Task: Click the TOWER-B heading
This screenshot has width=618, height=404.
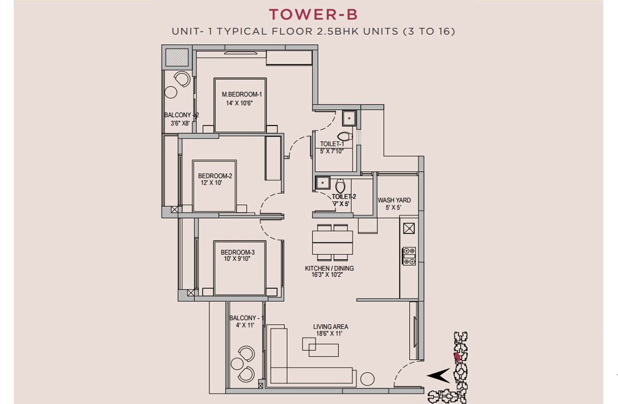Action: [x=313, y=15]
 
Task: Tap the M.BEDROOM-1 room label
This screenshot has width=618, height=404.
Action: [x=241, y=94]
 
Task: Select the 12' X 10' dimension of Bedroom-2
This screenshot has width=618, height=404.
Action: [x=211, y=183]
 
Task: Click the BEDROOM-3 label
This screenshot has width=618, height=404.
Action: [x=238, y=252]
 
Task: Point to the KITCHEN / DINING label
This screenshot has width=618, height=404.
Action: [x=329, y=268]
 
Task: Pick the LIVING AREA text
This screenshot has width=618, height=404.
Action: [x=330, y=327]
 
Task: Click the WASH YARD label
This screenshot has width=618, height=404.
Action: [x=394, y=200]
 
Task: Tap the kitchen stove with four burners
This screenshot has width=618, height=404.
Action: [x=409, y=256]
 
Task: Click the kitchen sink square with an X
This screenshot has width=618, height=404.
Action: [x=409, y=228]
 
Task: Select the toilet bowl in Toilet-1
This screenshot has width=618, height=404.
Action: [x=345, y=136]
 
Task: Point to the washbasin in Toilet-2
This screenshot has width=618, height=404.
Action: [x=322, y=183]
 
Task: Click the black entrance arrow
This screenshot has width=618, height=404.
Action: [x=438, y=375]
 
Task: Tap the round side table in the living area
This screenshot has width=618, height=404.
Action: [x=367, y=379]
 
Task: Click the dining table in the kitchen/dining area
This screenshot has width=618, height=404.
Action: [x=332, y=243]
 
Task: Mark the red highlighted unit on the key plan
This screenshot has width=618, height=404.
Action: [x=457, y=356]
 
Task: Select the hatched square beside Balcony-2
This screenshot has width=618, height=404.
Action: [x=176, y=58]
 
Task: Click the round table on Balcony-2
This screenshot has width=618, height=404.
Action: [x=171, y=92]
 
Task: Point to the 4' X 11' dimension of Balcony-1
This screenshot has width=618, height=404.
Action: [x=245, y=325]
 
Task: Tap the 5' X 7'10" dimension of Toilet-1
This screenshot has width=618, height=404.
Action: [x=331, y=151]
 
